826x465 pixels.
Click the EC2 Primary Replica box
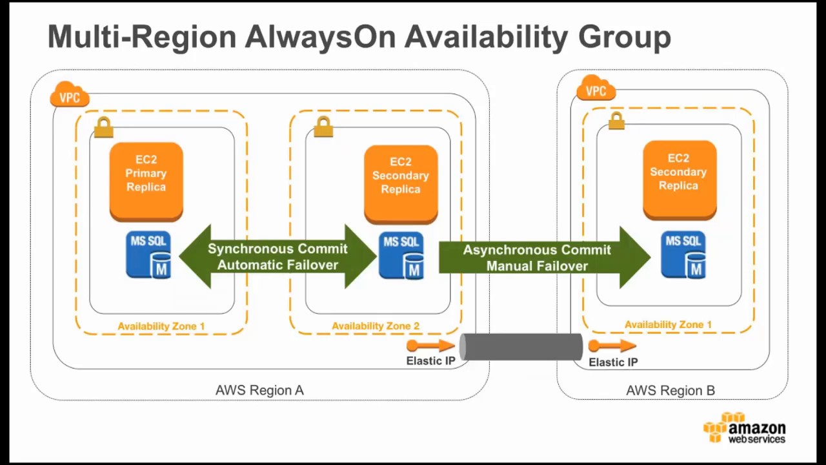coord(146,181)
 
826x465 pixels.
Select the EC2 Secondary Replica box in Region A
coord(400,183)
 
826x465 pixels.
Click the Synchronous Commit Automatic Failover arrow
coord(277,256)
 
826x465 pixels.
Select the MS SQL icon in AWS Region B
coord(683,256)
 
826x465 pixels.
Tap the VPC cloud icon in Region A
coord(69,96)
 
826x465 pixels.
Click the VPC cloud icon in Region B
coord(595,89)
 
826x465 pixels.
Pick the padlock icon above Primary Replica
coord(103,127)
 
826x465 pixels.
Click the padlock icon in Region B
coord(616,121)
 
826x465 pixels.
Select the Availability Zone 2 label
coord(376,326)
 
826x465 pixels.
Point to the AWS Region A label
coord(259,390)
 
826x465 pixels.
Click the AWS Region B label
coord(670,390)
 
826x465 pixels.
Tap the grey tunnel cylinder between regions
coord(521,347)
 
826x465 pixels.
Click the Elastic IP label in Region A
coord(430,361)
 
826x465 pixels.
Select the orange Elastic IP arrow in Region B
coord(612,346)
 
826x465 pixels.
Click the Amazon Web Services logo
coord(745,428)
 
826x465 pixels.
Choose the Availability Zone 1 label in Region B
coord(668,325)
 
